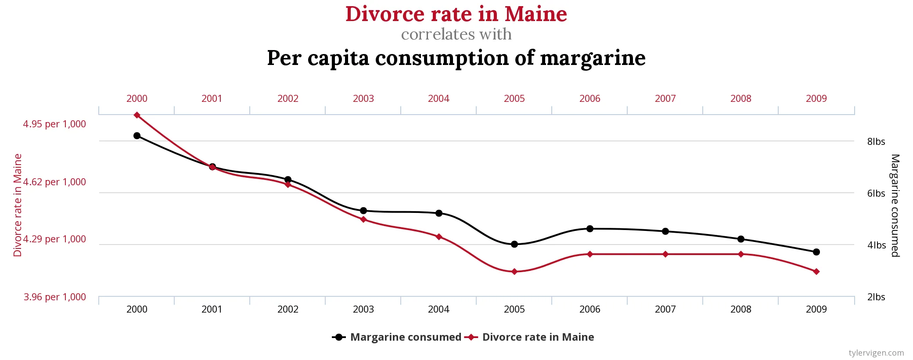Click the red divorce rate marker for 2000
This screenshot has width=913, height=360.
pos(137,115)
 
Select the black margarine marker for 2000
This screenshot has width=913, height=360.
pos(137,136)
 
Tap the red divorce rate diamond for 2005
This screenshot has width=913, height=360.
pos(514,272)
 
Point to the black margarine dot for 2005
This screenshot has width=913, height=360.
pos(514,244)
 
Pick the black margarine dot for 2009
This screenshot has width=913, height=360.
pos(816,252)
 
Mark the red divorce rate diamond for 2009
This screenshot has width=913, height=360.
pos(816,272)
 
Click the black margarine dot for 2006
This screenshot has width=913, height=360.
pos(590,229)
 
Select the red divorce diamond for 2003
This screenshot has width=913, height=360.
pos(363,219)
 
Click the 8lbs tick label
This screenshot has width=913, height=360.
pos(876,142)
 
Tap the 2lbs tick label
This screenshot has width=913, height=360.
pos(876,297)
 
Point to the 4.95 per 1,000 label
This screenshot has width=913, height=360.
pos(54,124)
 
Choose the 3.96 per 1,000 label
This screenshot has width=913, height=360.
pos(55,297)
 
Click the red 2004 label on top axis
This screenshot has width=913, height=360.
pos(439,99)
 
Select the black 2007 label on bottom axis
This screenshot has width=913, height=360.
pos(665,310)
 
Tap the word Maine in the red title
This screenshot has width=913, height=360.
pos(536,14)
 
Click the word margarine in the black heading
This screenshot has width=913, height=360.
pos(593,58)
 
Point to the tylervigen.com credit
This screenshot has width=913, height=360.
pos(876,353)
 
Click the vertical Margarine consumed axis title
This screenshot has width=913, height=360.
pos(895,205)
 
